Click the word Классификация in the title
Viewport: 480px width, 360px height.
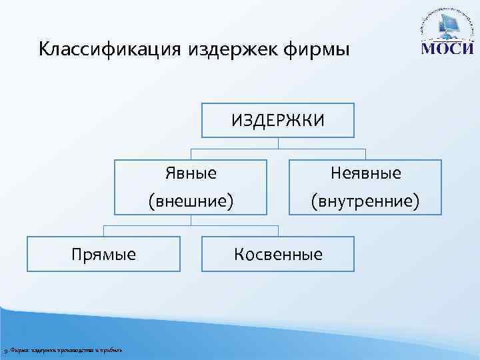point(109,49)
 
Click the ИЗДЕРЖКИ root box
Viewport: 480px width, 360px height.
point(278,120)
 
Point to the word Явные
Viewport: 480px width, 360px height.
point(191,174)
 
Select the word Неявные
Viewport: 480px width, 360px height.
point(366,174)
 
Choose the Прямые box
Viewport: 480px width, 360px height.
point(103,254)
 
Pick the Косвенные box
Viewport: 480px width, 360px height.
point(278,254)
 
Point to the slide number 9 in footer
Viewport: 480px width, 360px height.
point(5,351)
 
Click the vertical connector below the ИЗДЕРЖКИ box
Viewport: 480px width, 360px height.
point(278,143)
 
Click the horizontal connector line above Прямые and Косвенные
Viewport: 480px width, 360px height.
point(191,225)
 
